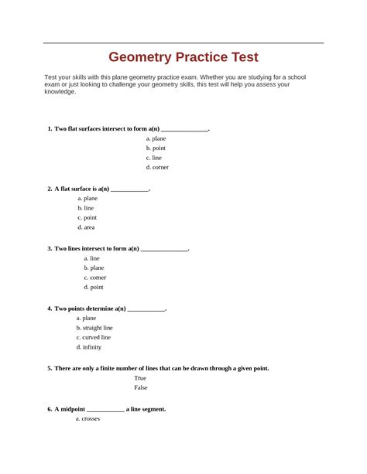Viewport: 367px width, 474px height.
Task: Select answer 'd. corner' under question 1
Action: tap(157, 167)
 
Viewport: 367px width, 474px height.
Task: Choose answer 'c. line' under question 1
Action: tap(154, 157)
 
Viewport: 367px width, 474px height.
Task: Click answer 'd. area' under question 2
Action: tap(86, 227)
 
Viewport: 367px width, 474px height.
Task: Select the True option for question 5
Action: tap(140, 378)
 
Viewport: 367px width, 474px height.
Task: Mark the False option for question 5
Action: tap(141, 387)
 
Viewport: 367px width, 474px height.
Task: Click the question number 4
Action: tap(49, 308)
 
